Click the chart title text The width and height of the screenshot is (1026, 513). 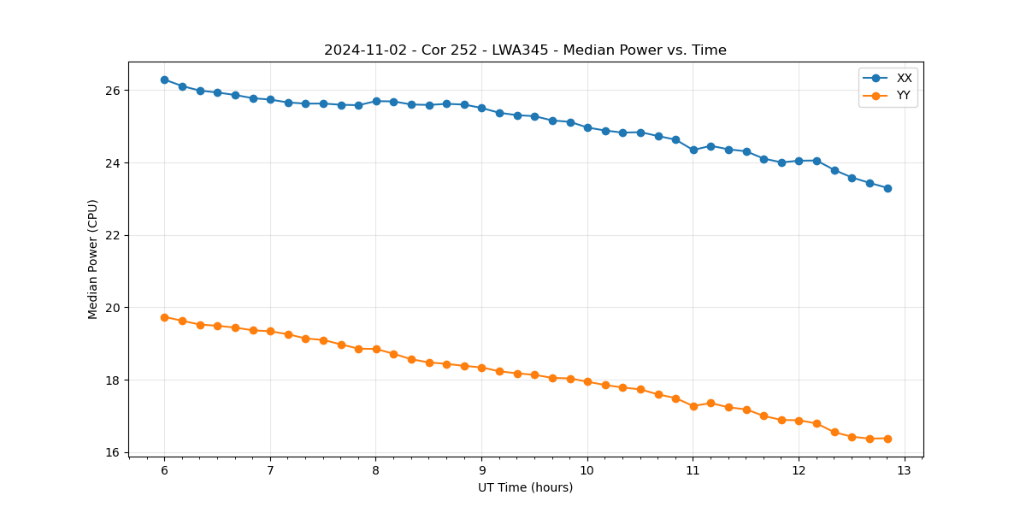(525, 50)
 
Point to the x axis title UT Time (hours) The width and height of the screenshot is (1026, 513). (525, 488)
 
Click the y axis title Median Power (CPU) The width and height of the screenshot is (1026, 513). (93, 259)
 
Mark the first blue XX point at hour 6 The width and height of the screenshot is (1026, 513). (164, 80)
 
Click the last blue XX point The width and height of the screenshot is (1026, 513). (887, 188)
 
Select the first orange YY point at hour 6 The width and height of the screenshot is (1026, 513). (164, 317)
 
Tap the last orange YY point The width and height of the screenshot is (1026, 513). (887, 439)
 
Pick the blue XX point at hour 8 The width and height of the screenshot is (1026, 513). (376, 101)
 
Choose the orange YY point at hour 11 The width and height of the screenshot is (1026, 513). (693, 406)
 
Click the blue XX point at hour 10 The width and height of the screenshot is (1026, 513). (587, 127)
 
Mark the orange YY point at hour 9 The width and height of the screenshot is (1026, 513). (481, 368)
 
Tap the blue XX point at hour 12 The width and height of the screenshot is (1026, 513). (799, 161)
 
